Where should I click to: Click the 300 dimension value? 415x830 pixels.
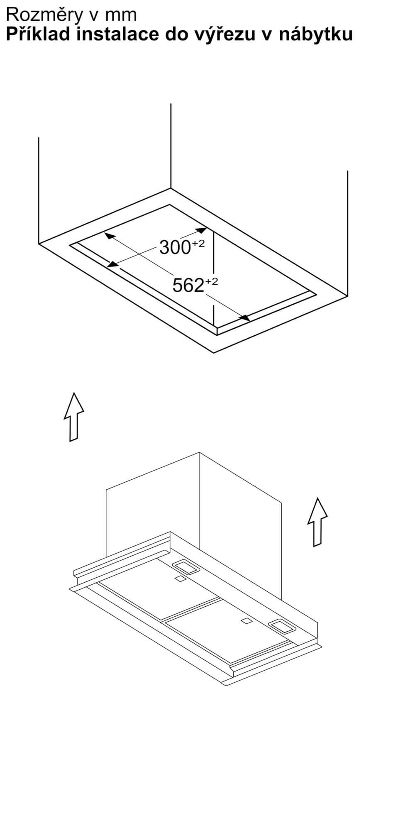click(175, 248)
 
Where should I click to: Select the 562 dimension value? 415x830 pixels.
click(188, 285)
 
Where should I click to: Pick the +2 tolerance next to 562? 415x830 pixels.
click(211, 281)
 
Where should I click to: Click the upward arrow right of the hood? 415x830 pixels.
click(317, 522)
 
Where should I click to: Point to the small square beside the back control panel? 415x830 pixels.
click(180, 579)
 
